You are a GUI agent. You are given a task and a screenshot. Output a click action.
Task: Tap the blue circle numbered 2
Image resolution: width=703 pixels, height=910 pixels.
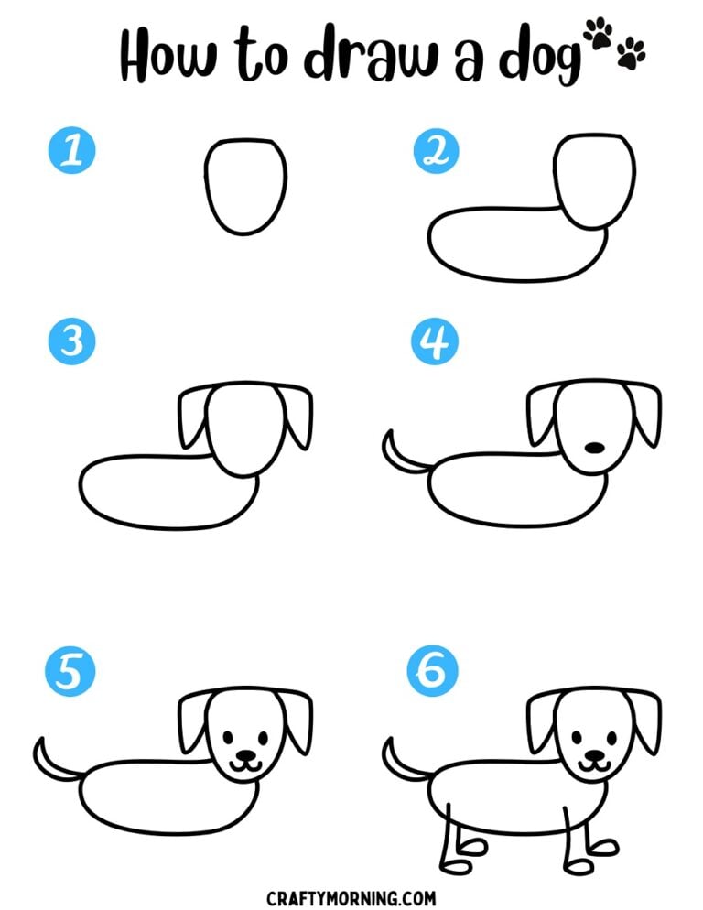click(x=436, y=150)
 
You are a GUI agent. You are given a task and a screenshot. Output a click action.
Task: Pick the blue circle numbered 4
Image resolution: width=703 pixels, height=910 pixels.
click(x=436, y=341)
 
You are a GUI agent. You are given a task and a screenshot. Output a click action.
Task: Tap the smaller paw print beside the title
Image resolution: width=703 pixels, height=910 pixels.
click(x=632, y=56)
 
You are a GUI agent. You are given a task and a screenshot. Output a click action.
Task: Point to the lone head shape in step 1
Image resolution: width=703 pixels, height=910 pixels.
click(x=244, y=187)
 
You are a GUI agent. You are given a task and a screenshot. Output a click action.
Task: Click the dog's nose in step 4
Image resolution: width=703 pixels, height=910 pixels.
click(x=594, y=448)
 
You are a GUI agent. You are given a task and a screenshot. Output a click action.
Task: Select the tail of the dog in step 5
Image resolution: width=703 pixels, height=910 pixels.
click(x=51, y=759)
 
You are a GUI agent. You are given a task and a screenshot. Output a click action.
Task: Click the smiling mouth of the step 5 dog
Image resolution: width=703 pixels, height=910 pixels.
click(x=244, y=760)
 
